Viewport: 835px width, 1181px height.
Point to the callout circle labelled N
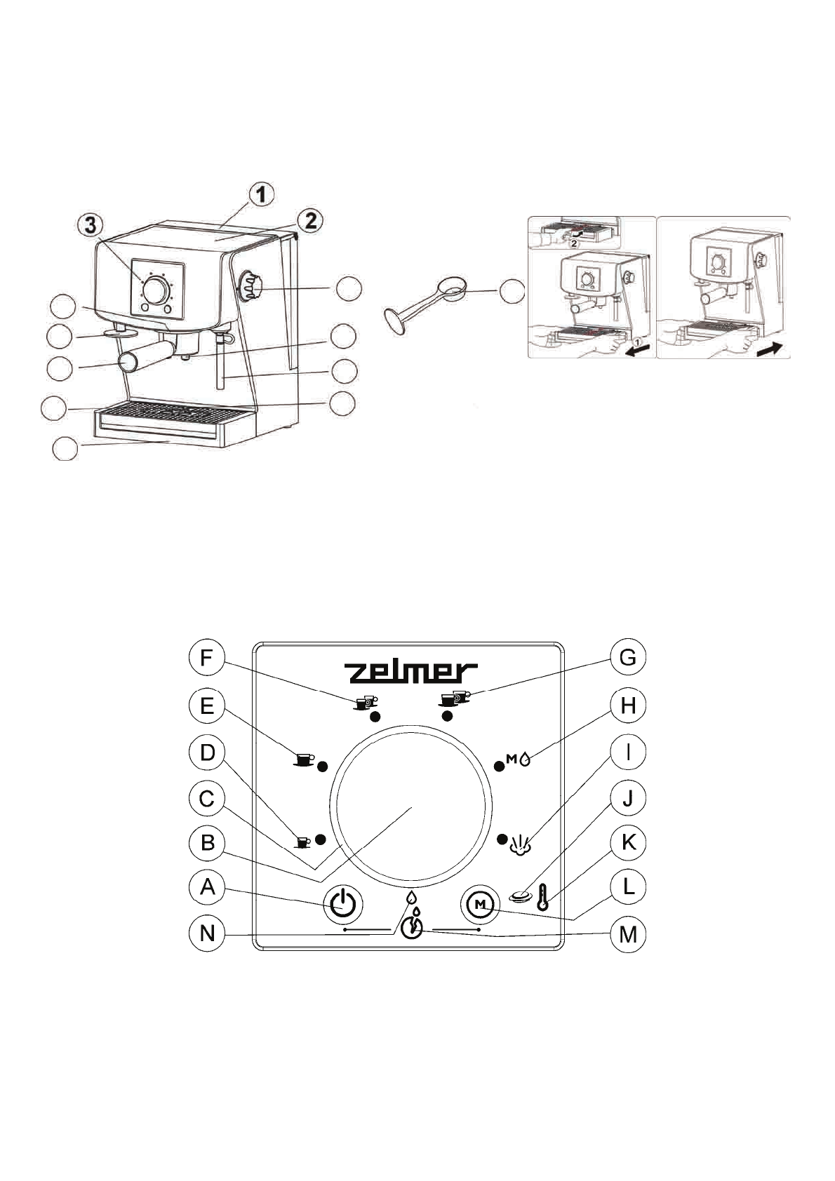click(207, 934)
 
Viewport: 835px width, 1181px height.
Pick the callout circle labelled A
click(207, 888)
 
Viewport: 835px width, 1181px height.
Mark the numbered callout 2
click(309, 221)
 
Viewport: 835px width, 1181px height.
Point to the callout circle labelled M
click(628, 934)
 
